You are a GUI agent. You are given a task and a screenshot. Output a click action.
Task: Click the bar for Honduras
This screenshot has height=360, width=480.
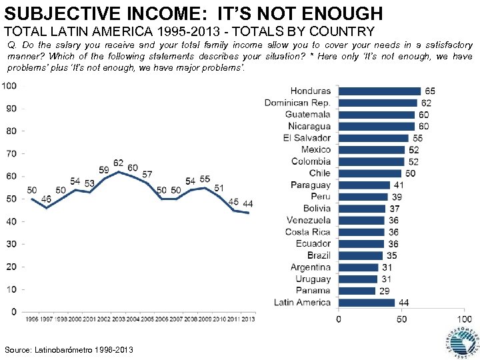379,91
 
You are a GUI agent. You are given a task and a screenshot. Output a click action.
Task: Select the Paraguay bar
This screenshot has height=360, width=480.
364,185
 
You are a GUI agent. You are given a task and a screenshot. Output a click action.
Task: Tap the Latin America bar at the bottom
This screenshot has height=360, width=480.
366,303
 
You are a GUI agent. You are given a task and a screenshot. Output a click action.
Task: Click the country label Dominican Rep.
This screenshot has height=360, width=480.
297,103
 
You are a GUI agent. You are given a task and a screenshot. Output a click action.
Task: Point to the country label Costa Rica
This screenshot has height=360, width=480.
307,232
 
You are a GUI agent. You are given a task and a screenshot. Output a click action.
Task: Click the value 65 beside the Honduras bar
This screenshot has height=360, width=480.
430,91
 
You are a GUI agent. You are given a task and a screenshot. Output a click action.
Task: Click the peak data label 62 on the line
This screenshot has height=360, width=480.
118,163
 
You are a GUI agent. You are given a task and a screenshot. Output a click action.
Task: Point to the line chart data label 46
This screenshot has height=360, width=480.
46,199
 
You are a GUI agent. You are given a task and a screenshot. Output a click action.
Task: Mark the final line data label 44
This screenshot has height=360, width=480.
247,203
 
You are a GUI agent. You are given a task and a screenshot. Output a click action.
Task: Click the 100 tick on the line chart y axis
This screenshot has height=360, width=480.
9,85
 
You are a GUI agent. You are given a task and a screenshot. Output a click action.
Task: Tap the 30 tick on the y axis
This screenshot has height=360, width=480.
11,244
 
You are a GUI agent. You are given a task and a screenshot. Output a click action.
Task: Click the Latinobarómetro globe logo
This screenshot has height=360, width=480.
459,339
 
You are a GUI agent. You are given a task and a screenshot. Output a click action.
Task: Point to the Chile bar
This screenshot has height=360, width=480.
371,173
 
